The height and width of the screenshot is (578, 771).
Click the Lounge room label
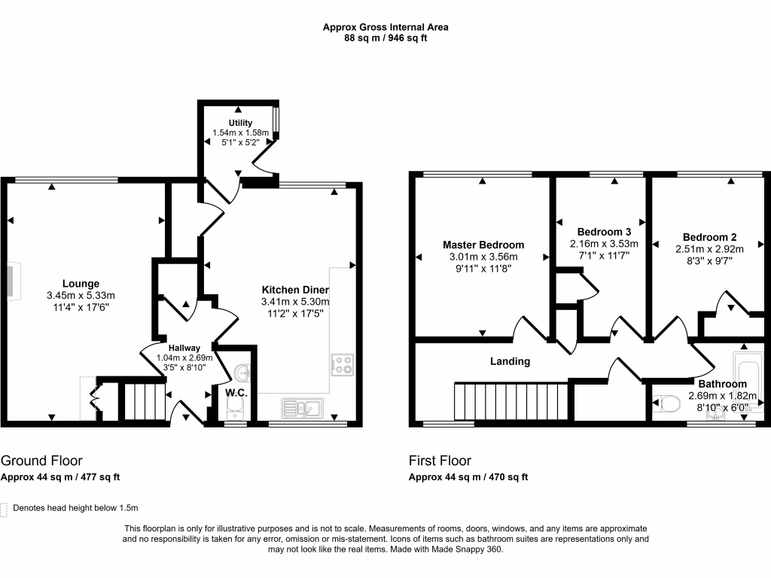tap(81, 284)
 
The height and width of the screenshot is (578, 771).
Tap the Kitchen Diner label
tap(295, 290)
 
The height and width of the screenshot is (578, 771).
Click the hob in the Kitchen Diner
tap(342, 364)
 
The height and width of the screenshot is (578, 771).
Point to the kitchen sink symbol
tap(302, 409)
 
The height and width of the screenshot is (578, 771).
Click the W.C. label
tap(236, 393)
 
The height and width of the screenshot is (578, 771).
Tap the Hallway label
tap(184, 348)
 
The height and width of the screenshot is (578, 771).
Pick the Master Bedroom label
tap(483, 245)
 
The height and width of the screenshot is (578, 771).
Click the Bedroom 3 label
tap(604, 232)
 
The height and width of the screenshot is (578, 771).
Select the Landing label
tap(510, 361)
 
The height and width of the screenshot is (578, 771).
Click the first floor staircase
tap(510, 400)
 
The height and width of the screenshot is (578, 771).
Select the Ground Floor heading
tap(41, 461)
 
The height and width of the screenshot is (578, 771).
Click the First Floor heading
tap(440, 461)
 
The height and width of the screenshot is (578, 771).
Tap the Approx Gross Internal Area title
tap(385, 27)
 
